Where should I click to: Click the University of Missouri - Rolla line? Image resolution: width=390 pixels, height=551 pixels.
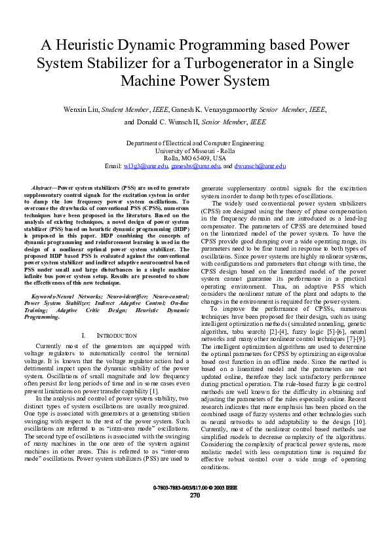pyautogui.click(x=195, y=151)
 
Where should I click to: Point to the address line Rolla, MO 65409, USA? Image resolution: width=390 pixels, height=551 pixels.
pyautogui.click(x=195, y=158)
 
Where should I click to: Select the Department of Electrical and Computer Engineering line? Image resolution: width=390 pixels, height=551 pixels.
pyautogui.click(x=195, y=143)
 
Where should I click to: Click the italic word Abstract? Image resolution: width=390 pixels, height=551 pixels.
pyautogui.click(x=43, y=187)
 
